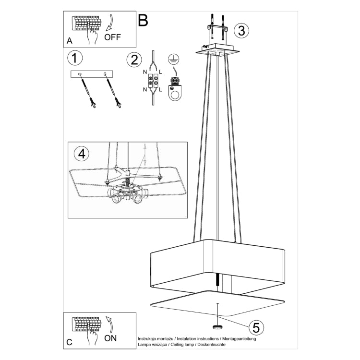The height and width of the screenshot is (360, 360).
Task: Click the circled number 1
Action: pyautogui.click(x=75, y=58)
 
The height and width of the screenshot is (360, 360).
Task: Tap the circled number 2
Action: pyautogui.click(x=134, y=60)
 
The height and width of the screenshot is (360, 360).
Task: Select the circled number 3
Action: pyautogui.click(x=241, y=31)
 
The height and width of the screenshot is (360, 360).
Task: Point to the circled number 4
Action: pyautogui.click(x=82, y=154)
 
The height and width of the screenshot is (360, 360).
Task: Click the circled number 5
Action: pyautogui.click(x=256, y=327)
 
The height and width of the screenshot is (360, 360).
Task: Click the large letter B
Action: pyautogui.click(x=143, y=20)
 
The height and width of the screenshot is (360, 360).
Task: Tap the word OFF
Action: pyautogui.click(x=112, y=37)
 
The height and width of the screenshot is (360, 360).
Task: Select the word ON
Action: pyautogui.click(x=110, y=338)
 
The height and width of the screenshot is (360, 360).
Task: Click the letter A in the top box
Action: pyautogui.click(x=69, y=41)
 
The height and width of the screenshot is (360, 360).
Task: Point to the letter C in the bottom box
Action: pyautogui.click(x=69, y=342)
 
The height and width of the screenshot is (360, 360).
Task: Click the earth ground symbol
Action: pyautogui.click(x=174, y=59)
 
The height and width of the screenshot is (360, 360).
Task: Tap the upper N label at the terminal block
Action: pyautogui.click(x=145, y=72)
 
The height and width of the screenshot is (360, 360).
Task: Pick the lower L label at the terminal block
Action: pyautogui.click(x=160, y=90)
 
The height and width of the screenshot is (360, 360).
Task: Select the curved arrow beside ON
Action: pyautogui.click(x=110, y=324)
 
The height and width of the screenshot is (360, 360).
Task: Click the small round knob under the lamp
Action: pyautogui.click(x=218, y=327)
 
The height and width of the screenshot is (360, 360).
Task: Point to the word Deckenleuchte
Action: pyautogui.click(x=212, y=344)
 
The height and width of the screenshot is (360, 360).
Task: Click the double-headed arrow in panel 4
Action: pyautogui.click(x=145, y=155)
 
